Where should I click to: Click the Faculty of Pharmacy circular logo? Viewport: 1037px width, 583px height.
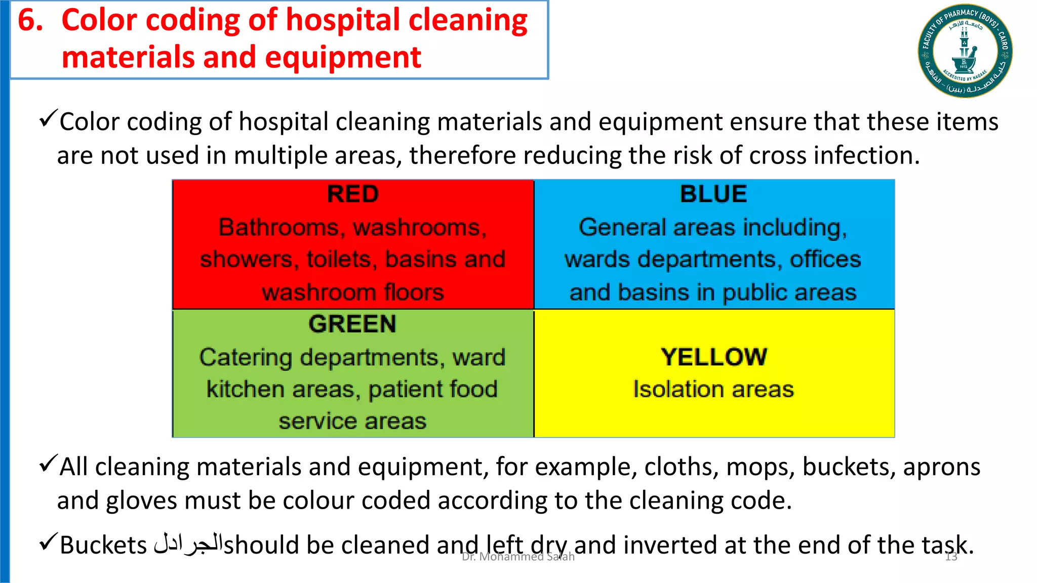pos(965,51)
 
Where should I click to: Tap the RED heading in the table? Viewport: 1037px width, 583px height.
pos(352,194)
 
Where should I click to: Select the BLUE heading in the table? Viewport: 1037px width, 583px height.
pos(713,194)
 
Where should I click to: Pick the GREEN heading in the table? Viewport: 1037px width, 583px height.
pos(352,324)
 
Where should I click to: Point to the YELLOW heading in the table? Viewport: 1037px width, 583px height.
pos(714,357)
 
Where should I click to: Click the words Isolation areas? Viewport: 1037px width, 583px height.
pos(713,390)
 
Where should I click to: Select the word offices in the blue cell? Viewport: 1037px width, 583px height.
pos(825,260)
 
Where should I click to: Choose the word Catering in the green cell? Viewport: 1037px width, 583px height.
pos(246,358)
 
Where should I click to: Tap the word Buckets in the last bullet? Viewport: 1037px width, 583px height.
pos(103,546)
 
